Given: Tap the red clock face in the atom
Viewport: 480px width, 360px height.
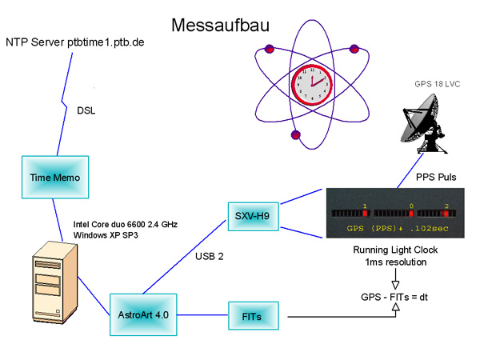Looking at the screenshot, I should (x=312, y=83).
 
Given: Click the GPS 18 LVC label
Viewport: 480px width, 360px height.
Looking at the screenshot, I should (x=438, y=84).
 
